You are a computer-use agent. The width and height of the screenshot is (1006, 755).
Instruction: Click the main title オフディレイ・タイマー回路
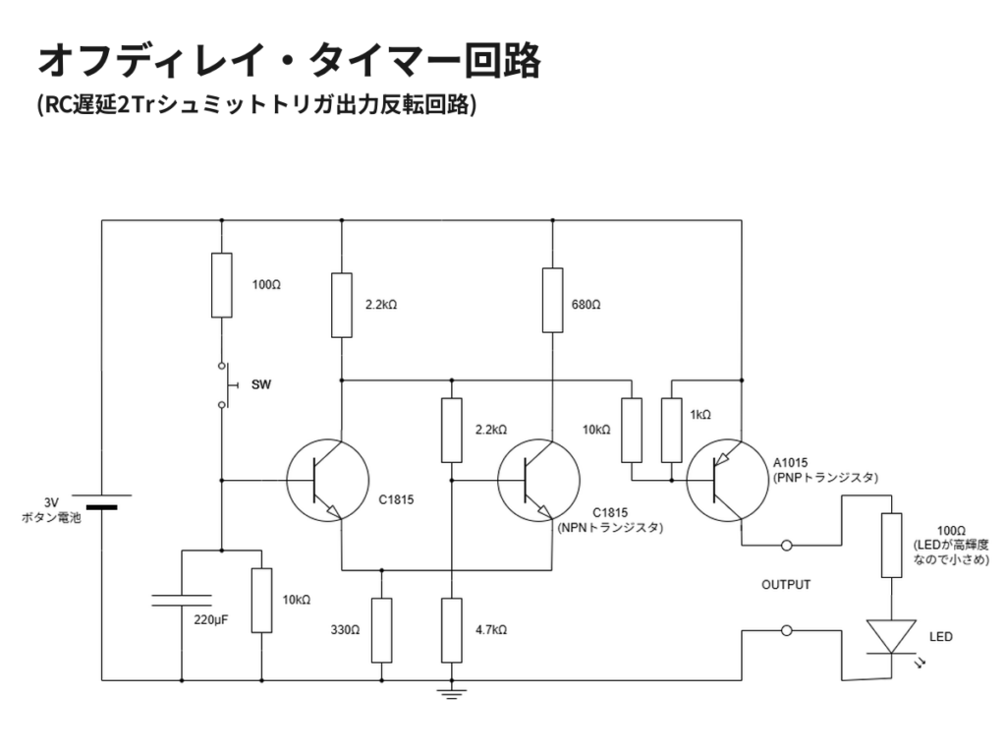tap(289, 61)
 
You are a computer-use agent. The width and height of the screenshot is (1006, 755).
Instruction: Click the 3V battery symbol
tap(101, 501)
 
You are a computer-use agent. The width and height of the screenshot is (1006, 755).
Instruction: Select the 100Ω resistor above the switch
tap(222, 285)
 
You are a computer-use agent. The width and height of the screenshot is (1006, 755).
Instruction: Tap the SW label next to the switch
tap(261, 385)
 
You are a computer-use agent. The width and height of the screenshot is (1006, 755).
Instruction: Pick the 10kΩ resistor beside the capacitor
tap(261, 600)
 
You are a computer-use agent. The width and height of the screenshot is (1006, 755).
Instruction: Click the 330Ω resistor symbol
tap(381, 629)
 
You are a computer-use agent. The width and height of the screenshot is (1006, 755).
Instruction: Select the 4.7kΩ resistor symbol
tap(451, 629)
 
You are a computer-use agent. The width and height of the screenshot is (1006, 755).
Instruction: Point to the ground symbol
tap(451, 694)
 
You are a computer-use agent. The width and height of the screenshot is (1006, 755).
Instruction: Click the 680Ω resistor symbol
tap(552, 301)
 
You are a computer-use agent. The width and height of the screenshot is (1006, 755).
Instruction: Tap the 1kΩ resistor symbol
tap(672, 430)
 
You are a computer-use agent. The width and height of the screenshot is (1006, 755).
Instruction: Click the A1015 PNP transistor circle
tap(727, 480)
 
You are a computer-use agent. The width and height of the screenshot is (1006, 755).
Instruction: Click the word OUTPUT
tap(786, 585)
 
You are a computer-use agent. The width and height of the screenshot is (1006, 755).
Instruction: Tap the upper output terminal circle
tap(786, 546)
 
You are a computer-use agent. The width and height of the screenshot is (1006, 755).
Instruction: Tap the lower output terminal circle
tap(786, 630)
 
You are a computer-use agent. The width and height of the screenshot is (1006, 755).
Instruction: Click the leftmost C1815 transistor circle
tap(328, 480)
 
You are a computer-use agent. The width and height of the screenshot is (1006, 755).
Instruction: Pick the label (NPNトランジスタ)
tap(609, 528)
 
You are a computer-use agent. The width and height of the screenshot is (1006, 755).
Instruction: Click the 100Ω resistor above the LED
tap(891, 545)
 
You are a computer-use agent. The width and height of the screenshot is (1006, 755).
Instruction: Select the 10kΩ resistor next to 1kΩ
tap(632, 430)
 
